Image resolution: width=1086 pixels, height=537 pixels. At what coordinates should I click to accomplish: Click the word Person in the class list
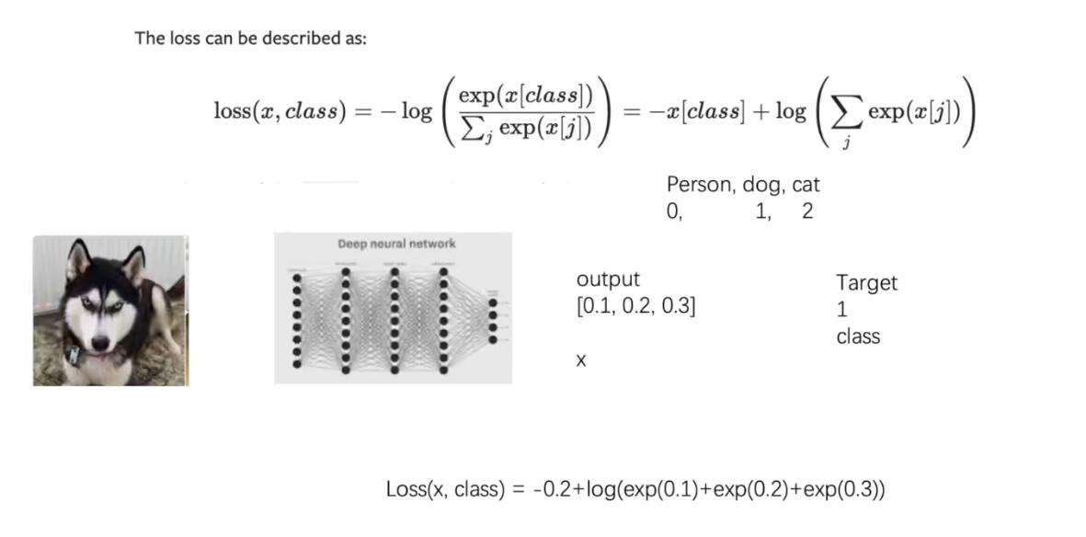700,185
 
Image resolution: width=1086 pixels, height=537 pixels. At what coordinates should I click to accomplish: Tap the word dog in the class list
763,185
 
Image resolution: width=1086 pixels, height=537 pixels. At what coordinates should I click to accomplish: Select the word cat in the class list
806,185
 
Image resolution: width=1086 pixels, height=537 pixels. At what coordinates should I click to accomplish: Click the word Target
866,283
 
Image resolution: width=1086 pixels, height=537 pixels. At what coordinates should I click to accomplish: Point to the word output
607,280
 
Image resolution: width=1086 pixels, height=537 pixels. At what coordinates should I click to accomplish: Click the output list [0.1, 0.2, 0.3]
635,306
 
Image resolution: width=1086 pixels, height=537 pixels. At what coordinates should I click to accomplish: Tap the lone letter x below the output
581,361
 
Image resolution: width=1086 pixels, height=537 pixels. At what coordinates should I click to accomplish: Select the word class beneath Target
858,337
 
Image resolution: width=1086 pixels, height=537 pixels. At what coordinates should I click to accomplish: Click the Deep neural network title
396,244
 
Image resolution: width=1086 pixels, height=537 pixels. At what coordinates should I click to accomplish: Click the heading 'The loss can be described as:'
250,39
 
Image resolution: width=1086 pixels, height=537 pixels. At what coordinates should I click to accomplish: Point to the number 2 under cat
807,212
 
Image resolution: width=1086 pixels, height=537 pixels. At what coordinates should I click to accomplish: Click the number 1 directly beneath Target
842,310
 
